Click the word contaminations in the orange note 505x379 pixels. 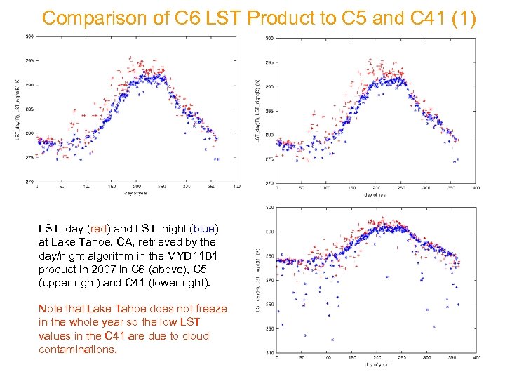pos(77,350)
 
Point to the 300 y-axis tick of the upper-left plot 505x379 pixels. pos(29,36)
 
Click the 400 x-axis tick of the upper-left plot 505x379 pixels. pos(236,187)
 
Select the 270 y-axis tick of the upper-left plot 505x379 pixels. pos(29,182)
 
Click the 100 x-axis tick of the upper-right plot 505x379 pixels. pos(326,188)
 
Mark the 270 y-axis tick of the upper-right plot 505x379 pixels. pos(269,183)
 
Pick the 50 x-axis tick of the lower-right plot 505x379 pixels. pos(302,358)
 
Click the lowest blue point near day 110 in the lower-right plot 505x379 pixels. pos(331,340)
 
